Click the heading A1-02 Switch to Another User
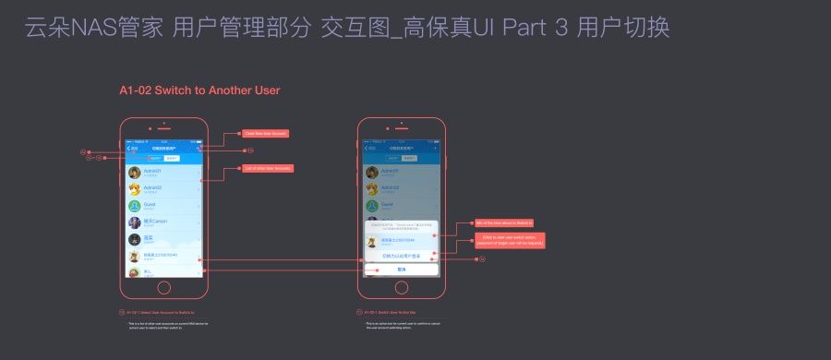[199, 90]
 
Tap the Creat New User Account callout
[266, 134]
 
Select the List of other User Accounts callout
[268, 168]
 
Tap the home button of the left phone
[164, 287]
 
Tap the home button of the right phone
[402, 287]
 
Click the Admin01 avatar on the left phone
[135, 173]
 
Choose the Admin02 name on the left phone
[152, 187]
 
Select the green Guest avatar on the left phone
[135, 206]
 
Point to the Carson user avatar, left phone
[135, 222]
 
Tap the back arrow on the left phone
[129, 148]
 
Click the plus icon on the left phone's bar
[199, 148]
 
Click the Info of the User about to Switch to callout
[504, 222]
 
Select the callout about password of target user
[511, 240]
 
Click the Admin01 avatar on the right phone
[372, 173]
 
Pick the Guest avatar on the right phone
[372, 206]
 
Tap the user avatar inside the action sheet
[372, 240]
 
